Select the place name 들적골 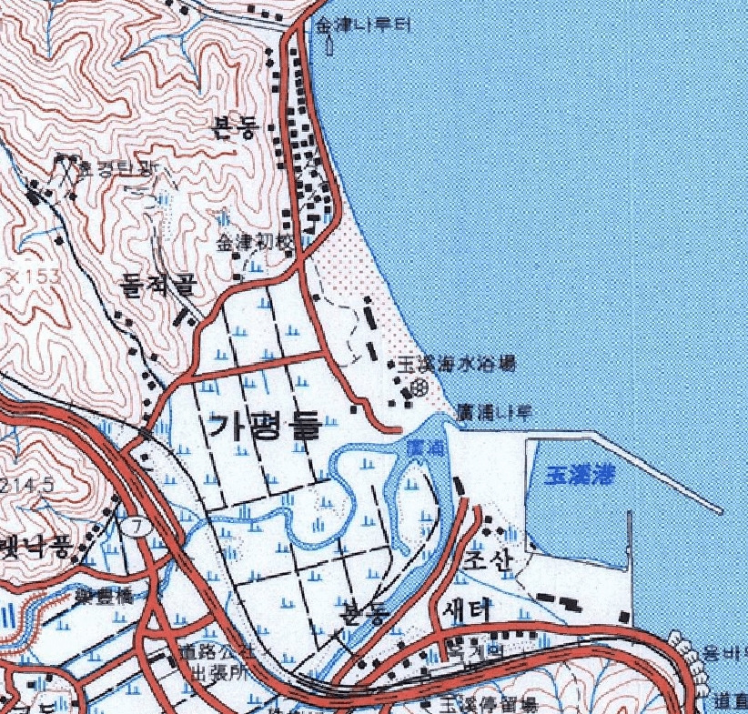pyautogui.click(x=158, y=287)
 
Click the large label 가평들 pyautogui.click(x=264, y=425)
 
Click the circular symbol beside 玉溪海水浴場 pyautogui.click(x=419, y=387)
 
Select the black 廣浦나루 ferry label pyautogui.click(x=495, y=411)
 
